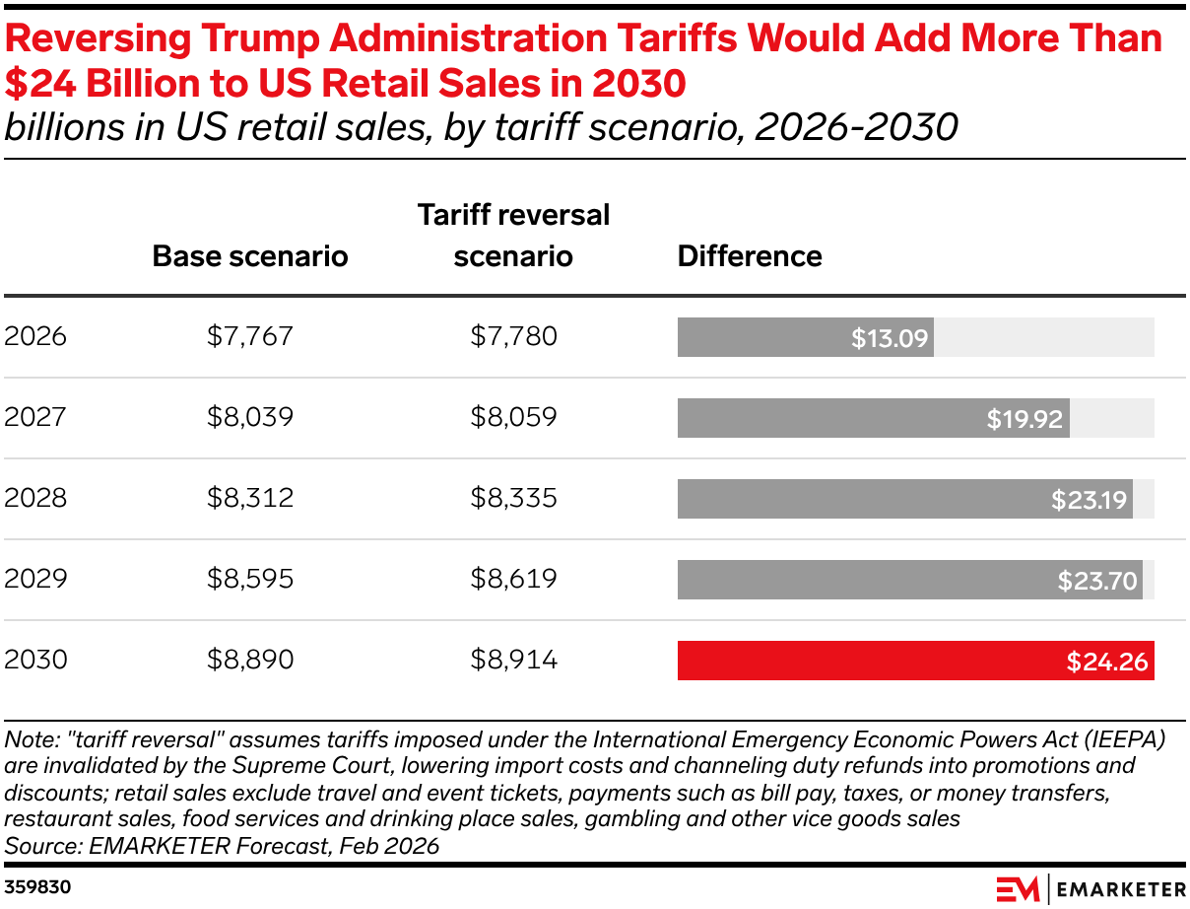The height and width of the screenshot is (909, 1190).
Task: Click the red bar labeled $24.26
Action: click(915, 661)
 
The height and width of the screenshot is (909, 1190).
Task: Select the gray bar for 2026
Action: click(805, 337)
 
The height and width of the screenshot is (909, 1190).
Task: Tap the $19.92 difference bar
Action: click(873, 418)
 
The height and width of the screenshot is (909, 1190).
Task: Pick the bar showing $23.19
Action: click(904, 499)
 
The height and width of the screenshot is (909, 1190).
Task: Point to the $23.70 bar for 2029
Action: click(909, 580)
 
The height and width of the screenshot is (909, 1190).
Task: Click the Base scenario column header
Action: click(250, 256)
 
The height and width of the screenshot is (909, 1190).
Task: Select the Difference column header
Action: click(750, 256)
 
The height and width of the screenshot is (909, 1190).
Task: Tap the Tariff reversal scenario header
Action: click(513, 236)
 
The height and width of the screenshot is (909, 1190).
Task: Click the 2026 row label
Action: click(35, 337)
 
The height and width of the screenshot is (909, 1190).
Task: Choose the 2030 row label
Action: click(35, 660)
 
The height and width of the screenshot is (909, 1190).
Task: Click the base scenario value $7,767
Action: click(250, 337)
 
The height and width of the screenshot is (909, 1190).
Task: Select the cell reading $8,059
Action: click(513, 418)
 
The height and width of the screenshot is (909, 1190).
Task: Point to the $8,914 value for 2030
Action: click(513, 660)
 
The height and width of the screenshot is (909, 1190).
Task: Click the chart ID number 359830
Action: click(37, 887)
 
